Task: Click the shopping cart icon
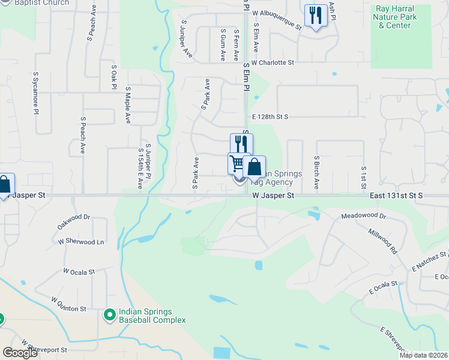point(238,163)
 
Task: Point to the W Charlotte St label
point(273,62)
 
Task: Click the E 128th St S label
point(270,116)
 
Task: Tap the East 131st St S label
point(396,196)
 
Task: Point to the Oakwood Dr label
point(73,221)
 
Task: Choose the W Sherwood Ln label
point(81,242)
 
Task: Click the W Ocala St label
point(79,272)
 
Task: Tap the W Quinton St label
point(68,304)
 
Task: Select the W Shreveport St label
point(46,347)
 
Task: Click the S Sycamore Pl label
point(36,93)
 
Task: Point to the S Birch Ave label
point(316,172)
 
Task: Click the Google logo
point(20,353)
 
